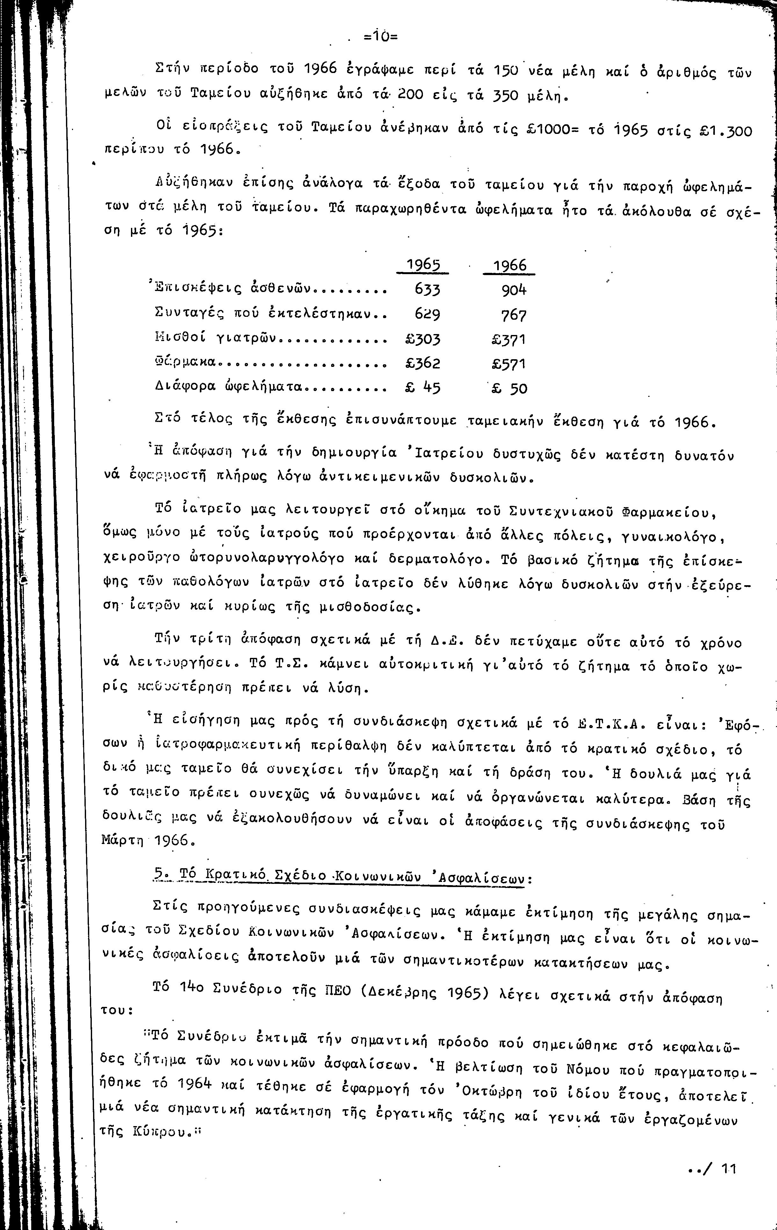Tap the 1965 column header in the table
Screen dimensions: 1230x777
(x=423, y=265)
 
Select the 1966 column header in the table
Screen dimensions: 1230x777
(x=509, y=265)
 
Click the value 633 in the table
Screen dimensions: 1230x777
(x=427, y=290)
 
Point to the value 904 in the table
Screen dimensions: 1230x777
(x=513, y=290)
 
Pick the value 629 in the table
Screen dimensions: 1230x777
(x=427, y=314)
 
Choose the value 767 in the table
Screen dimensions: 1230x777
(x=513, y=315)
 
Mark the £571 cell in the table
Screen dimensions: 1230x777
(x=508, y=364)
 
